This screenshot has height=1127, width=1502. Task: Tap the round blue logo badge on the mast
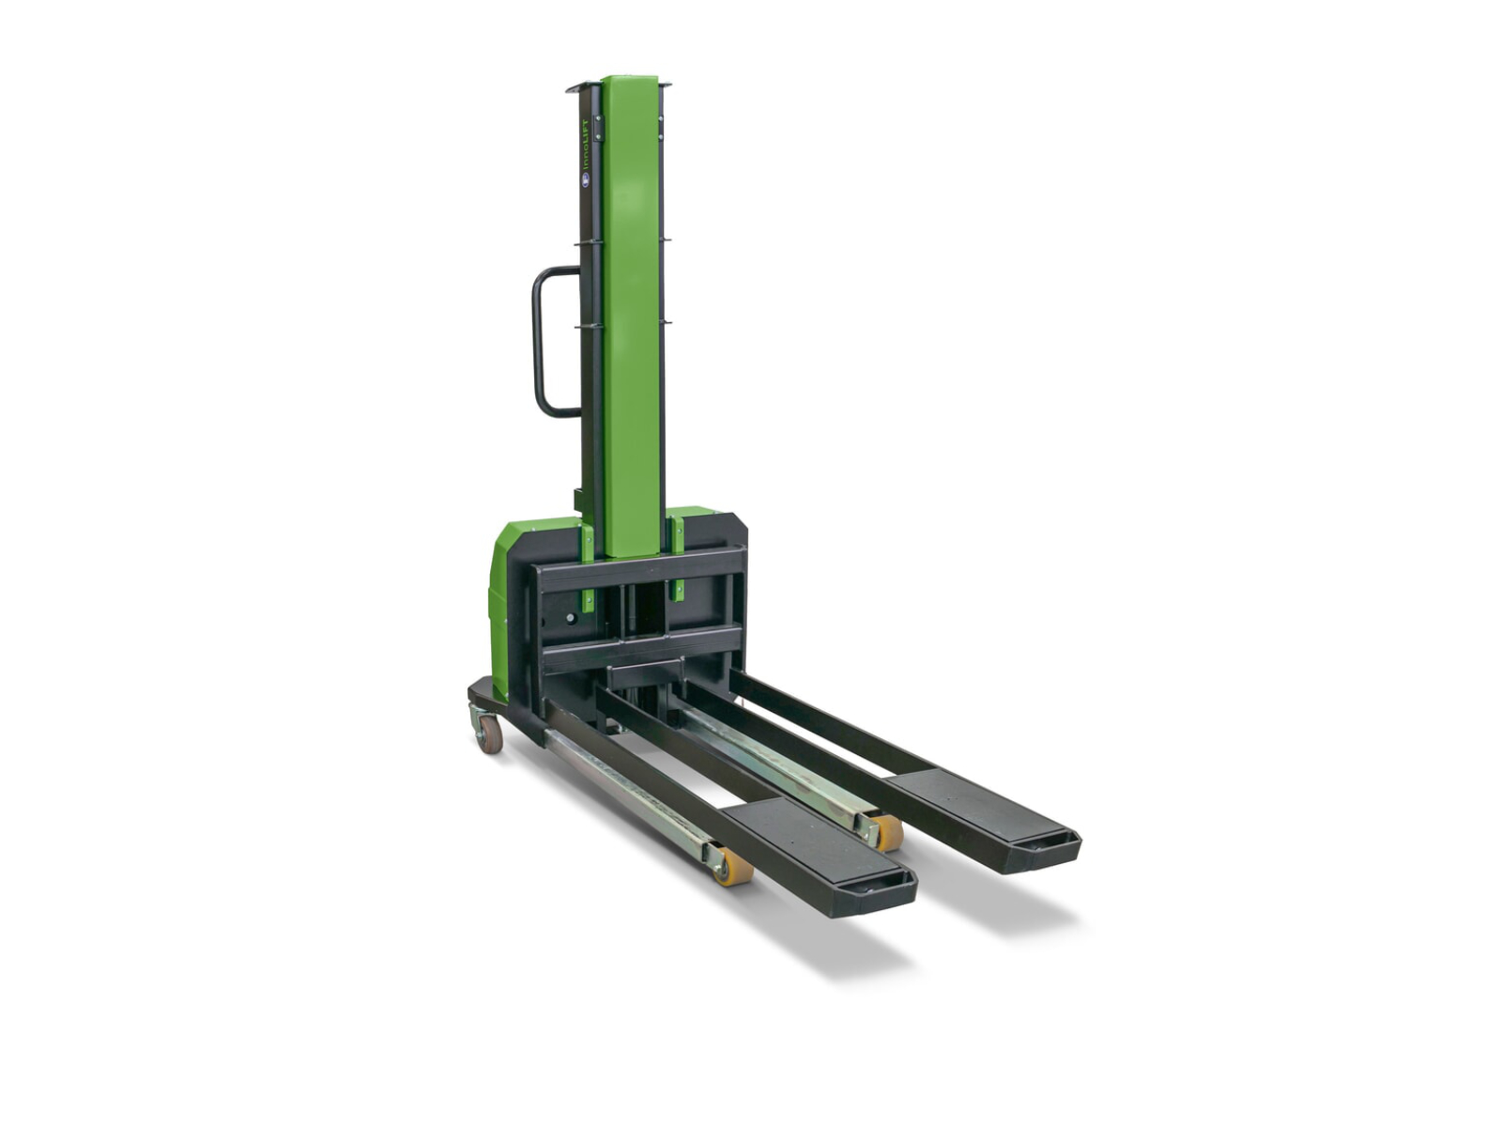[586, 179]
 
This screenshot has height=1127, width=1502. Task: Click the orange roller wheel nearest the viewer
[733, 866]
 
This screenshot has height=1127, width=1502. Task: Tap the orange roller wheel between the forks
[885, 832]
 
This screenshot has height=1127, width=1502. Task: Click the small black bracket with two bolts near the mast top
[597, 128]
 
